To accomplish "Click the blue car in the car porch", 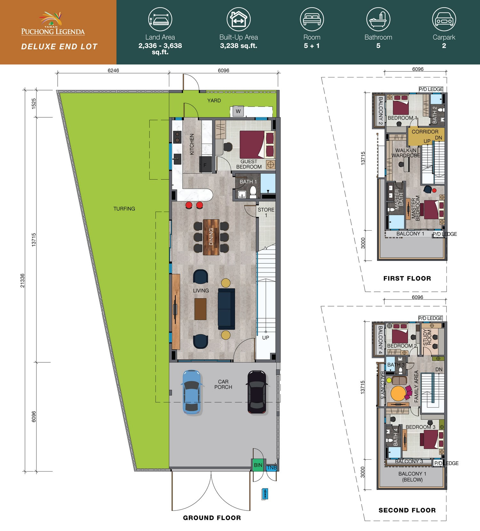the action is (x=192, y=392).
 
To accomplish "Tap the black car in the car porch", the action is (x=257, y=392).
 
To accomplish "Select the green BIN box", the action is (x=258, y=465).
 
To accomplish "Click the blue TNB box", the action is (x=272, y=468).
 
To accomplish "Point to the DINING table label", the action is (x=211, y=236).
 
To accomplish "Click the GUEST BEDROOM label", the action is (x=249, y=164).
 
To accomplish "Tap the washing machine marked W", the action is (x=238, y=111).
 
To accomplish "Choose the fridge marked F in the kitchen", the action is (x=205, y=165).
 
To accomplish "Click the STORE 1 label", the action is (x=266, y=212).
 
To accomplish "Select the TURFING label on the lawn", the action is (x=124, y=209).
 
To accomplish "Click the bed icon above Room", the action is (x=312, y=19).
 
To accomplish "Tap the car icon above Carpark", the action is (x=444, y=19).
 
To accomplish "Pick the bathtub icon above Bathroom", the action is (x=378, y=19).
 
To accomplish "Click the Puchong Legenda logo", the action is (x=53, y=24).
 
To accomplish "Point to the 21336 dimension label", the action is (x=22, y=281).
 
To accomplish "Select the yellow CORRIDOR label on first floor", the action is (x=425, y=132).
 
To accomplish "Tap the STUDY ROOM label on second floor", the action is (x=427, y=337).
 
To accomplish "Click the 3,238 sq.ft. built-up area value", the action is (x=238, y=46).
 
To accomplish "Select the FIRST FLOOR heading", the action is (x=407, y=278).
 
